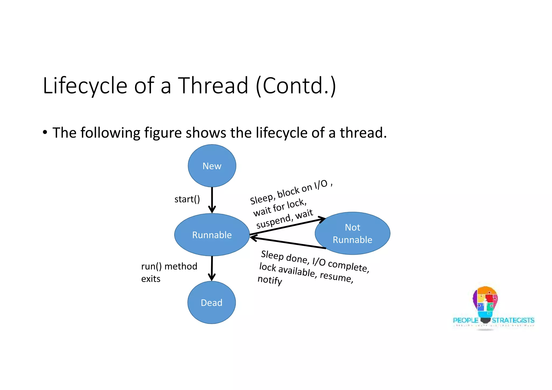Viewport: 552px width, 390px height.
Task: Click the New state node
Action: [212, 166]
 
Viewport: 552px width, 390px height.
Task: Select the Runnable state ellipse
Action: [212, 235]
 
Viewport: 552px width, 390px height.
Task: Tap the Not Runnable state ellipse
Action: [352, 233]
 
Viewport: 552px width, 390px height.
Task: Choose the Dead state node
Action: [212, 302]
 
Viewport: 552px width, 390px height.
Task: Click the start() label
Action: [187, 199]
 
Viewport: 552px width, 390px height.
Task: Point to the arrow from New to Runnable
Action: [212, 200]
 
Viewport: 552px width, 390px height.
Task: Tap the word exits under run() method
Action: [151, 278]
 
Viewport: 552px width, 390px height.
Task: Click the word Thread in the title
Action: [213, 85]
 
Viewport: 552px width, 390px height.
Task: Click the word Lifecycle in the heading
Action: [85, 86]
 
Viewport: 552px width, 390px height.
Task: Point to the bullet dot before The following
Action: [45, 132]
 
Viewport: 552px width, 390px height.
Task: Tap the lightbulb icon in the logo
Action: [485, 303]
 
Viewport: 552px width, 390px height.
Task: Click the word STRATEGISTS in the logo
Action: [513, 320]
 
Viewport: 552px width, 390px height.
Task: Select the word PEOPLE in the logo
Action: [465, 320]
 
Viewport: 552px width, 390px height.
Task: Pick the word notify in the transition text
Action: [270, 280]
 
